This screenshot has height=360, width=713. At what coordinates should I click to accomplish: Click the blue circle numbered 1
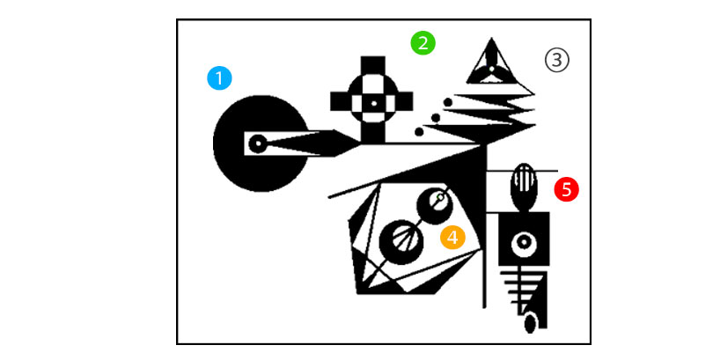(x=219, y=78)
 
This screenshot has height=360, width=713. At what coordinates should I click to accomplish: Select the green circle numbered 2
(x=423, y=44)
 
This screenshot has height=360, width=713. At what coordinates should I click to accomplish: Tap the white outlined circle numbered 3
(x=557, y=60)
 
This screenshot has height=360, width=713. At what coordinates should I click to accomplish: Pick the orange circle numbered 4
(x=453, y=238)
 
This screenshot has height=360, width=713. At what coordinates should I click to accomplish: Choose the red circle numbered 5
(x=566, y=189)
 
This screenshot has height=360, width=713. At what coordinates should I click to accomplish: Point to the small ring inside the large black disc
(x=257, y=144)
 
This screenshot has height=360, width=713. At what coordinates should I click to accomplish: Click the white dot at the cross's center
(x=374, y=103)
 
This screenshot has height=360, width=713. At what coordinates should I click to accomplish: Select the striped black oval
(x=525, y=187)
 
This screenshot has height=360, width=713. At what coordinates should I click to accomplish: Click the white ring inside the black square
(x=524, y=244)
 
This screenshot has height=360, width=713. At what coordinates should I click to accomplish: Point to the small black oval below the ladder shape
(x=530, y=325)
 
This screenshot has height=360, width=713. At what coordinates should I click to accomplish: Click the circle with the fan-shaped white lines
(x=401, y=242)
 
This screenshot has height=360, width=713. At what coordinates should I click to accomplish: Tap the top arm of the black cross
(x=373, y=65)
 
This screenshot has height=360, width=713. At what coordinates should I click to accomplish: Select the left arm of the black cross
(x=339, y=101)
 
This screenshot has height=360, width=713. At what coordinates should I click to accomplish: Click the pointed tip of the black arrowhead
(x=361, y=143)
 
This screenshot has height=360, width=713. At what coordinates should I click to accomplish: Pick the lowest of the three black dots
(x=419, y=132)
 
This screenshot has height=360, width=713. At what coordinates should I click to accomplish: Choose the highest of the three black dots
(x=447, y=102)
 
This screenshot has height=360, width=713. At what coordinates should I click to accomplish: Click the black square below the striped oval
(x=524, y=239)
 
